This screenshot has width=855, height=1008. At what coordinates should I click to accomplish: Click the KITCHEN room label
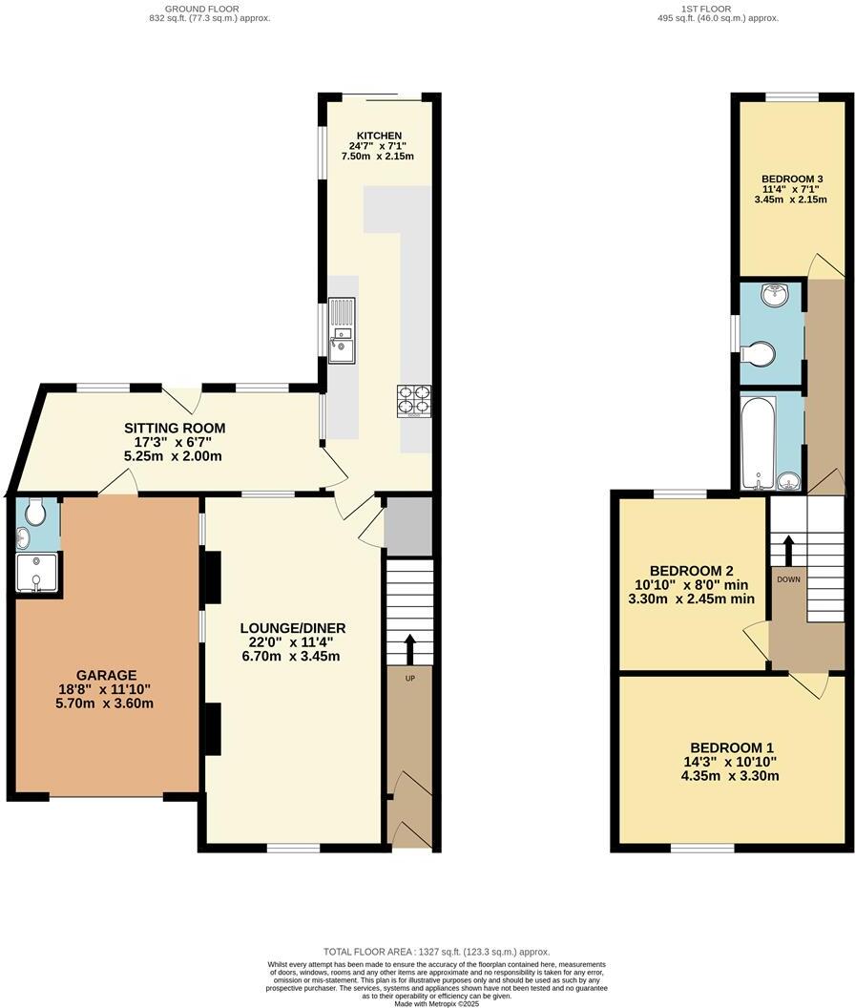[379, 136]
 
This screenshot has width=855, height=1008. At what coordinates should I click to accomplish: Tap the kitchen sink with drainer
[341, 330]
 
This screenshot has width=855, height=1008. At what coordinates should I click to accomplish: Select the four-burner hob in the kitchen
[413, 401]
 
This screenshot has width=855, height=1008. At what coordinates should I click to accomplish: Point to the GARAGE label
[108, 675]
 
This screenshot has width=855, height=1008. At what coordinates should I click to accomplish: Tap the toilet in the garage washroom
[36, 514]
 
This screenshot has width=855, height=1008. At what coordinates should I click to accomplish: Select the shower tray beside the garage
[37, 574]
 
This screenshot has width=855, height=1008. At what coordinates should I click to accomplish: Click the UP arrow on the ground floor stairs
[410, 649]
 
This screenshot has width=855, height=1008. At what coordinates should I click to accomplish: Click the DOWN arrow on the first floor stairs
[788, 552]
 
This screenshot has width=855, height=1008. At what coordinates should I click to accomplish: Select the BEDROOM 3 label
[792, 178]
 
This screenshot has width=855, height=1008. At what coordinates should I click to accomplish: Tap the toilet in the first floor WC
[759, 354]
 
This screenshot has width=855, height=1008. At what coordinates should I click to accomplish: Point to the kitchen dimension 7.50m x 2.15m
[379, 157]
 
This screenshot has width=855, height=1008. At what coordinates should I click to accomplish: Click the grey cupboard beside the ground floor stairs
[408, 525]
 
